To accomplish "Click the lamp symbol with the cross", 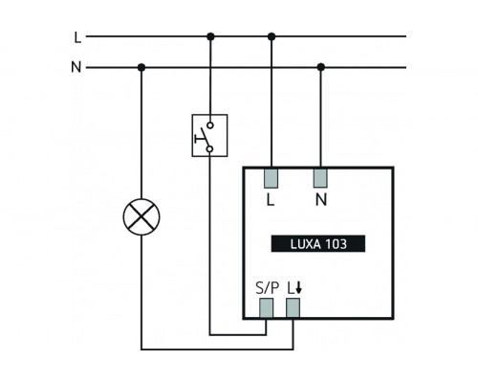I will point(141,217).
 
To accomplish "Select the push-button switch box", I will point(209,136).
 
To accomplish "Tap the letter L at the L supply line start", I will point(76,37).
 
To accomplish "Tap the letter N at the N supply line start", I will point(76,67).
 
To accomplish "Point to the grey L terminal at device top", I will point(272,177).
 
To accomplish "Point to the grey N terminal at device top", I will point(320,177).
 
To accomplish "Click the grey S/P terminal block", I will point(266,306).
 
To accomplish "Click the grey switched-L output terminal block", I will point(293,306).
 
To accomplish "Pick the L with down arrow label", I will point(293,284).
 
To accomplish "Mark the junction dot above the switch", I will point(209,37).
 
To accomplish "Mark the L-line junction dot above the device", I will point(272,37).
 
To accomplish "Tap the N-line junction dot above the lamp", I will point(141,67).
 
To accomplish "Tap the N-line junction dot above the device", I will point(320,67).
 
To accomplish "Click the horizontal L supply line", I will point(363,37).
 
